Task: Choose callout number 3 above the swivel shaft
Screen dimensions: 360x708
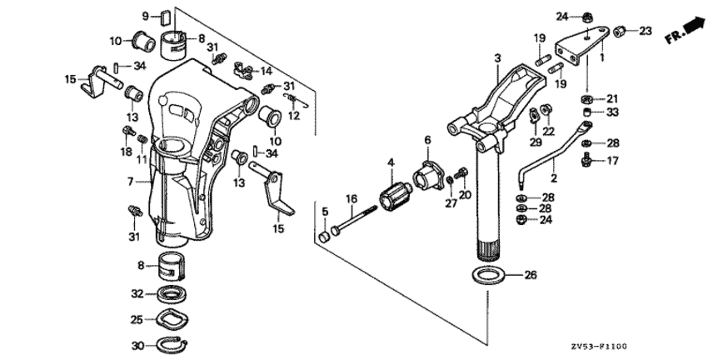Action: point(497,57)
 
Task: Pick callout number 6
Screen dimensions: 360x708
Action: point(428,139)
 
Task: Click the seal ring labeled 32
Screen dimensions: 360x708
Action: point(175,293)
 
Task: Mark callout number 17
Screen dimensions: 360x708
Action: point(613,160)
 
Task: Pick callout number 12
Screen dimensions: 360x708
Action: point(292,116)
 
